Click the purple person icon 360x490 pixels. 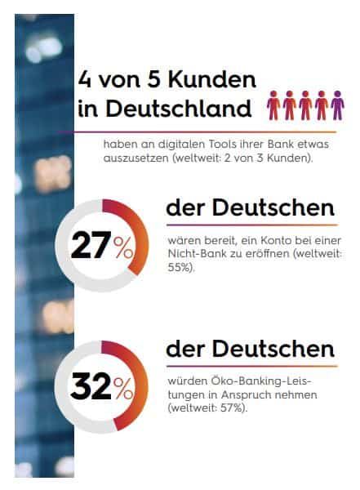pos(337,105)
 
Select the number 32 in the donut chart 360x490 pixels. pos(91,386)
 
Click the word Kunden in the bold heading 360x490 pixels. pos(212,79)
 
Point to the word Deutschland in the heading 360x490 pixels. pos(179,109)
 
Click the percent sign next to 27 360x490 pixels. pos(123,247)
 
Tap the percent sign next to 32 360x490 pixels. pos(123,389)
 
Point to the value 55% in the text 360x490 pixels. pos(179,268)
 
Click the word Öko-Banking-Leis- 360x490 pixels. pos(240,381)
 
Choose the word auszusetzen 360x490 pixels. pos(136,158)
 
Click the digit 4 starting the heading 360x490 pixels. pos(84,79)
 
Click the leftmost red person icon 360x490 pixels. pos(273,105)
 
